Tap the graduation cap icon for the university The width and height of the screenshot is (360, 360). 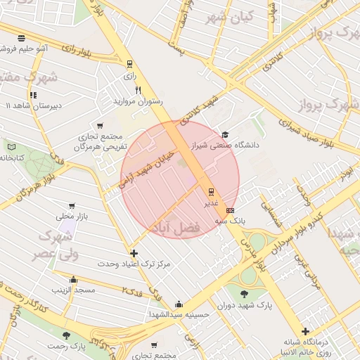pos(225,135)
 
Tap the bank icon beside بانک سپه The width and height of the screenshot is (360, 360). pos(230,211)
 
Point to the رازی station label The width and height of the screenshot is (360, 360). pos(129,75)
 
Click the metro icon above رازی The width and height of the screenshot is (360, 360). pos(129,63)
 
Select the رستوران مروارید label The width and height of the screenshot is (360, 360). pos(138,101)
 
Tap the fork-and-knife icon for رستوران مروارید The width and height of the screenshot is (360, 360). pos(139,90)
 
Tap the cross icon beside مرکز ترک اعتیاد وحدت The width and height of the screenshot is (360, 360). pos(134,253)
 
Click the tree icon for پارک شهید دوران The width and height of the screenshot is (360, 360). pos(244,294)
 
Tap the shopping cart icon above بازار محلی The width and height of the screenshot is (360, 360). pos(70,205)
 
